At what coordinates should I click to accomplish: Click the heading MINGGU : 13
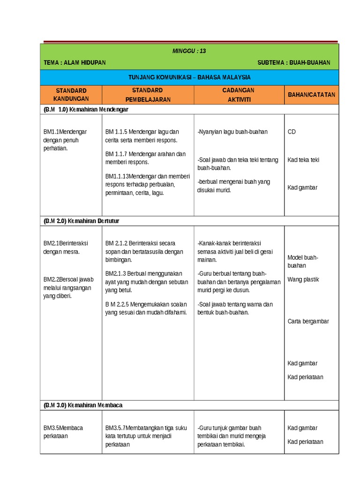[189, 51]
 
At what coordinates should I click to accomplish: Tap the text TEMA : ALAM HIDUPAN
[75, 63]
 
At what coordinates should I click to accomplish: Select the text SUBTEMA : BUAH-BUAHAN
[294, 63]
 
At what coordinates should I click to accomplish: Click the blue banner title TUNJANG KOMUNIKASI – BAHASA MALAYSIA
[189, 77]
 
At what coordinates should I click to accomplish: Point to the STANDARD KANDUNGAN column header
[71, 95]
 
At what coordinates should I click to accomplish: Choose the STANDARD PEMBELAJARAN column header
[147, 95]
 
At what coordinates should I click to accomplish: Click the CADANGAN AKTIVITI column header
[239, 95]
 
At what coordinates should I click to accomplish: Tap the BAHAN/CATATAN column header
[311, 95]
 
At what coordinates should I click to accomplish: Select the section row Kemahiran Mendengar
[86, 109]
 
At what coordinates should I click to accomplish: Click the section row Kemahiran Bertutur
[82, 220]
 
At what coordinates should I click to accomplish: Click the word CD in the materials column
[292, 132]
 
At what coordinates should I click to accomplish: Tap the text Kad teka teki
[303, 160]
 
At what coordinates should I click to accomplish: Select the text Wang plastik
[303, 279]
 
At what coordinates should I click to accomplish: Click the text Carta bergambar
[308, 322]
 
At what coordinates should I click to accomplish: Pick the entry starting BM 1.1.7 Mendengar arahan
[145, 158]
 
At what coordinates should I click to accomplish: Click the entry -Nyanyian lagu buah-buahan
[232, 132]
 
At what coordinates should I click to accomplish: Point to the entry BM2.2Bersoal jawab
[68, 287]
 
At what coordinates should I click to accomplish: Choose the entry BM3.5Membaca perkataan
[63, 432]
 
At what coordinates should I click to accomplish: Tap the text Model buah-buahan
[303, 262]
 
